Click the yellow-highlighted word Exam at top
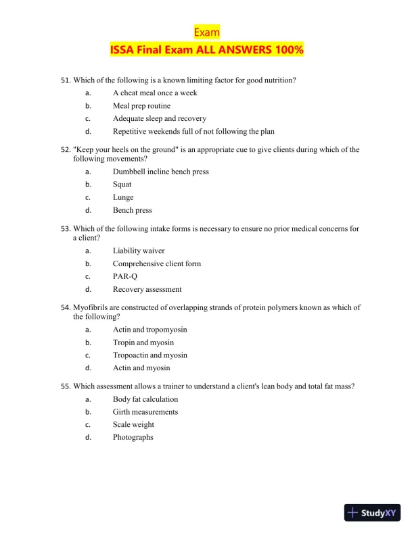coord(206,32)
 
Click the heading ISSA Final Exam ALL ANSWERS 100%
coord(206,50)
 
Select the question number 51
coord(66,80)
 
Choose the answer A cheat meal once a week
coord(155,93)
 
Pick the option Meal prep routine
coord(141,106)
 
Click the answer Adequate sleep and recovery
coord(160,119)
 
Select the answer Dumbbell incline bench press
coord(161,172)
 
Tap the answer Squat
coord(122,184)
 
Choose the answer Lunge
coord(123,197)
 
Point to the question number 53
coord(66,229)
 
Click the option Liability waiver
coord(139,251)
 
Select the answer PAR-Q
coord(124,276)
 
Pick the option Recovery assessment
coord(147,289)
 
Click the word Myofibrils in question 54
coord(91,307)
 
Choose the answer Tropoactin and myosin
coord(150,355)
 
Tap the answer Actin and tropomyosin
coord(150,330)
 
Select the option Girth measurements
coord(145,412)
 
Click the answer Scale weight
coord(133,425)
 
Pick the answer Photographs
coord(133,438)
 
